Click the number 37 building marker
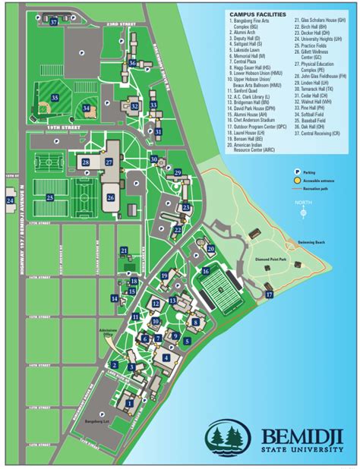tap(54, 22)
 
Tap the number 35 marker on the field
tap(55, 98)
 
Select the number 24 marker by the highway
tap(10, 200)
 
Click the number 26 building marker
tap(111, 197)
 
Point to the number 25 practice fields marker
tap(49, 197)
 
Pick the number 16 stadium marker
tap(205, 270)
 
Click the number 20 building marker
tap(210, 249)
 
